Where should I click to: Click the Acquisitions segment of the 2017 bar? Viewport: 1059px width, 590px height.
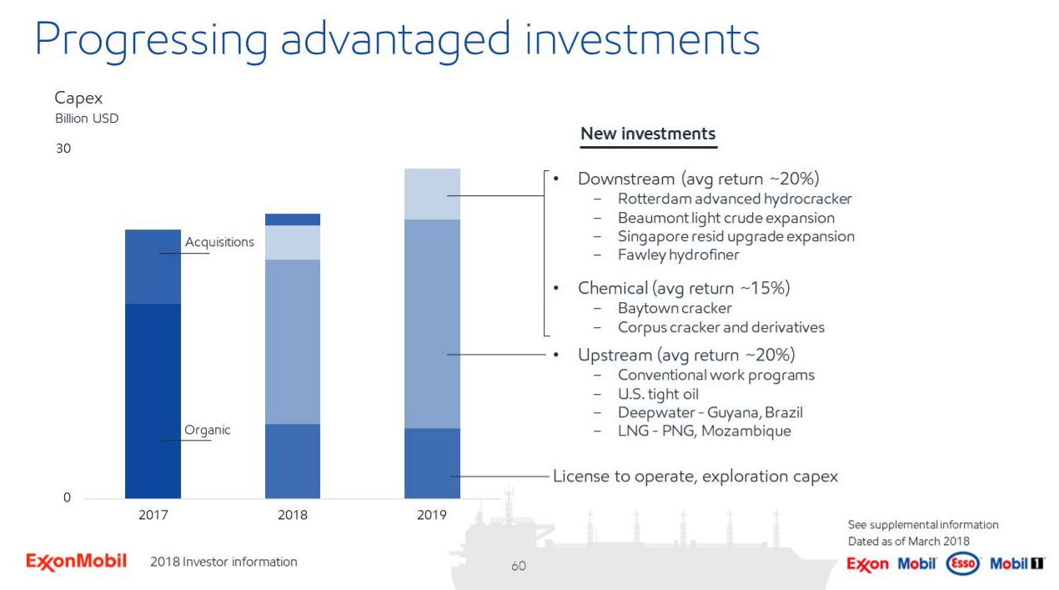153,266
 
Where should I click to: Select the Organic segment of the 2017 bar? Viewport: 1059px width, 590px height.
153,401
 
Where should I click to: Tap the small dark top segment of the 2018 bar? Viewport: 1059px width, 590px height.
292,219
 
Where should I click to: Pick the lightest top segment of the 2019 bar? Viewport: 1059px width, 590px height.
431,194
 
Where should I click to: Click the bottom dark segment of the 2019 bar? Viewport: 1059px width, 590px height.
431,463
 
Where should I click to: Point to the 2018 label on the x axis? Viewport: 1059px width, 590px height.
292,515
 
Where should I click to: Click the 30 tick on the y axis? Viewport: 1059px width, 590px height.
63,149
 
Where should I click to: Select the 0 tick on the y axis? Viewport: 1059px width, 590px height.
67,498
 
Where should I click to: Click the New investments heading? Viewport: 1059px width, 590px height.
648,134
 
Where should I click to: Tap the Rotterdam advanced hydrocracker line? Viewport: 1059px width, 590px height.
734,199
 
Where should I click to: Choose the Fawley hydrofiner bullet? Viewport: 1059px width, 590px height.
678,255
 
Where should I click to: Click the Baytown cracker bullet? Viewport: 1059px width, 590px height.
674,309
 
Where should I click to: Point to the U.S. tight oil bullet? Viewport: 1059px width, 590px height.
658,394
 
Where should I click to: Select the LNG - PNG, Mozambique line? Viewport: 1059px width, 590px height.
704,431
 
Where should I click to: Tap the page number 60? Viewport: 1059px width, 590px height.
519,567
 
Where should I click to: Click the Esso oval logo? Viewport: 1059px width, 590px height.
963,563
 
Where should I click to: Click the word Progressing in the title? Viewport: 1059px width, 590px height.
151,39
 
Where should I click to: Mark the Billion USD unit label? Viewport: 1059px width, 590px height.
87,119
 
